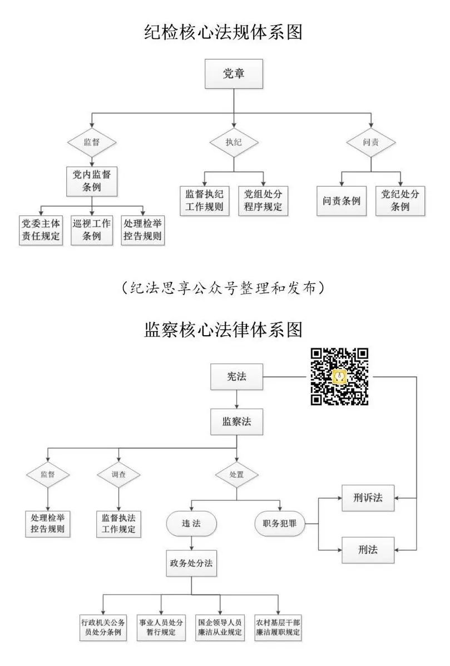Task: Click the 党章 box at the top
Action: (234, 74)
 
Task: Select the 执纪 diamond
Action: (234, 142)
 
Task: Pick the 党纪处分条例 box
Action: (400, 201)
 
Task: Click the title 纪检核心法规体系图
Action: (224, 32)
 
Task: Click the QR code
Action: (339, 376)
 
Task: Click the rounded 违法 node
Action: (191, 524)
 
